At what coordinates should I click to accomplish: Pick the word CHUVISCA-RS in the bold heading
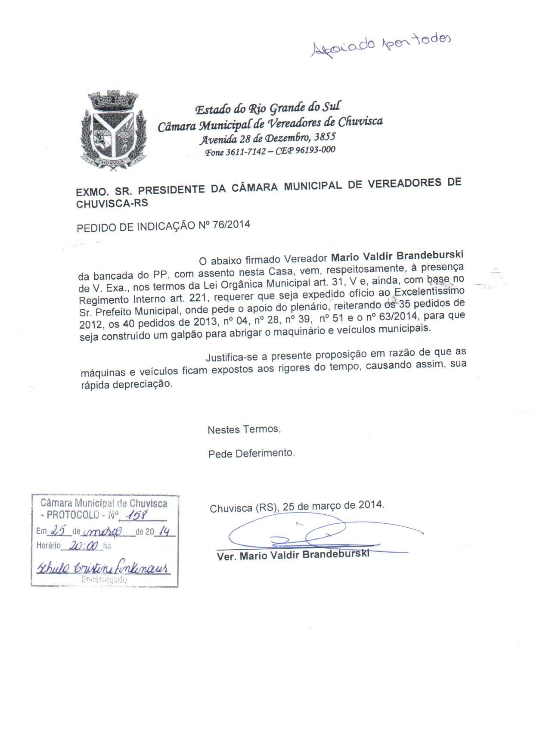[112, 203]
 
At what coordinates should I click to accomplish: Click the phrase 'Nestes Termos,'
[244, 429]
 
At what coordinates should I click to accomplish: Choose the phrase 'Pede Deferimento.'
[251, 453]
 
